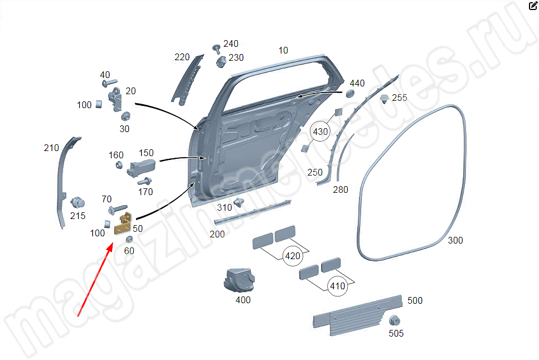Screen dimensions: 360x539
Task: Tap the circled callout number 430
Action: pyautogui.click(x=321, y=132)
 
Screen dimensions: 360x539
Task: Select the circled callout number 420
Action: pyautogui.click(x=292, y=256)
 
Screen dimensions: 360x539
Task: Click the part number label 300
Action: pyautogui.click(x=455, y=241)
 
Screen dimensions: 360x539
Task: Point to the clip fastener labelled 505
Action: pyautogui.click(x=395, y=320)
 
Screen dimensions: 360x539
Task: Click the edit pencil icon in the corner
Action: pyautogui.click(x=533, y=6)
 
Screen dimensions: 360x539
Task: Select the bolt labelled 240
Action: pyautogui.click(x=216, y=48)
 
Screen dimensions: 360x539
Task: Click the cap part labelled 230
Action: pyautogui.click(x=221, y=61)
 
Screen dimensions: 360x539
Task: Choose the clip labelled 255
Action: pyautogui.click(x=385, y=99)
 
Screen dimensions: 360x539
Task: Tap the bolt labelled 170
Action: pyautogui.click(x=144, y=181)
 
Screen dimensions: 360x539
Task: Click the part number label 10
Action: pyautogui.click(x=283, y=51)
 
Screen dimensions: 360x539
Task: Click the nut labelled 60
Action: pyautogui.click(x=129, y=239)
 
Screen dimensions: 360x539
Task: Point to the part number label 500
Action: pyautogui.click(x=415, y=301)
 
